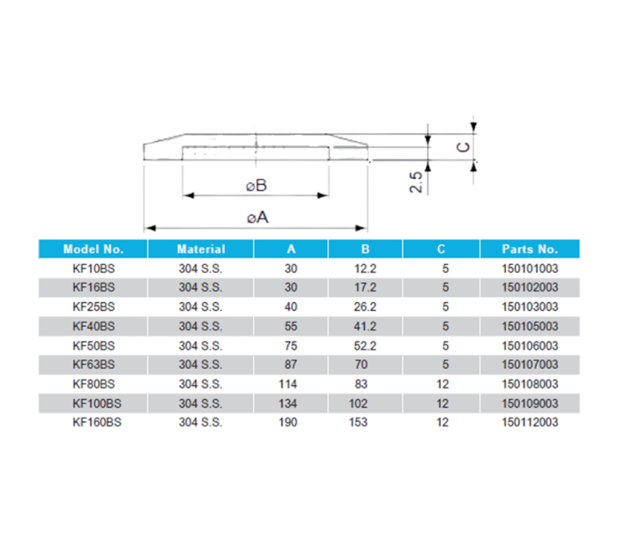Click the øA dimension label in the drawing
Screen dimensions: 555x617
(x=257, y=217)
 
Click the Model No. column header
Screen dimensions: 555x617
(x=93, y=249)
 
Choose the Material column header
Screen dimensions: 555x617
(x=200, y=249)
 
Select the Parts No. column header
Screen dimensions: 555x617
(x=530, y=249)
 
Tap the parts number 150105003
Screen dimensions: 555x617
(x=530, y=326)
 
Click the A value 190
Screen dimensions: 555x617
(x=290, y=422)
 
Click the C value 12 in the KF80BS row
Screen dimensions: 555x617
(x=442, y=384)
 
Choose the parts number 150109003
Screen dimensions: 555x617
(x=530, y=403)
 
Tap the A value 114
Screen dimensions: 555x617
(x=290, y=384)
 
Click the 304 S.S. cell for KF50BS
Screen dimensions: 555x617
(x=200, y=345)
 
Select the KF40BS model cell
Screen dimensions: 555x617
(x=93, y=326)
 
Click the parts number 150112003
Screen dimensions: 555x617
(x=530, y=422)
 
